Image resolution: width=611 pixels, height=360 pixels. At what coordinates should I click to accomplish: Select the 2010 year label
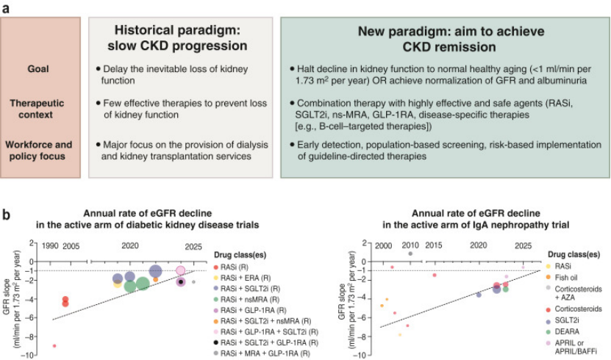[410, 245]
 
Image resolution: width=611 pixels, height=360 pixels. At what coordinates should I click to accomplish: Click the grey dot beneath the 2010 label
[410, 253]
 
